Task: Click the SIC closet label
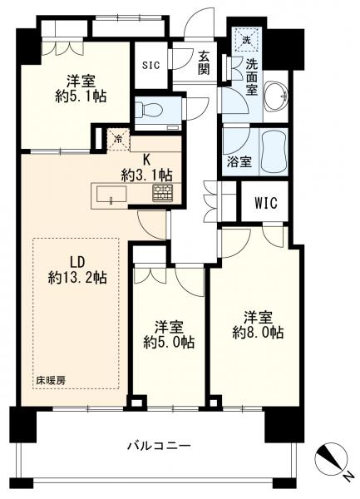(150, 66)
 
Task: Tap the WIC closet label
(266, 202)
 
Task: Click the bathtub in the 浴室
(274, 151)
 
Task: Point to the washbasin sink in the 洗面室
(276, 96)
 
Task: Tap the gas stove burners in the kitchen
(162, 193)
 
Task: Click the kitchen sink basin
(111, 195)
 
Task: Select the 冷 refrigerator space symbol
(118, 140)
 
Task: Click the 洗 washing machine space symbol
(246, 39)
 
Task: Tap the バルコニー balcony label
(159, 445)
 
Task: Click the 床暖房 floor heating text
(51, 380)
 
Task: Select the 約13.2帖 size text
(77, 278)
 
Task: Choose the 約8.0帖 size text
(258, 333)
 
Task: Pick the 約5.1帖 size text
(81, 96)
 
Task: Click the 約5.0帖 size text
(169, 342)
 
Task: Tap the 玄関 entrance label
(204, 63)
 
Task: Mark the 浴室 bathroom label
(239, 162)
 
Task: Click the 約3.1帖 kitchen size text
(146, 175)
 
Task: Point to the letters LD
(77, 263)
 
